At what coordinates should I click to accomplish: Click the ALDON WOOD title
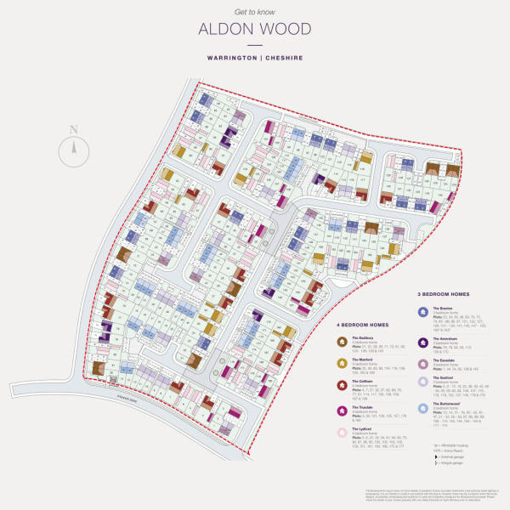click(254, 30)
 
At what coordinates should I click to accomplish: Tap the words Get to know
click(254, 12)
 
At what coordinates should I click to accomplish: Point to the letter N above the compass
click(74, 129)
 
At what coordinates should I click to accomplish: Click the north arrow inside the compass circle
click(74, 150)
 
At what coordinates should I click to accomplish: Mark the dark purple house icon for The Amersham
click(422, 341)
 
